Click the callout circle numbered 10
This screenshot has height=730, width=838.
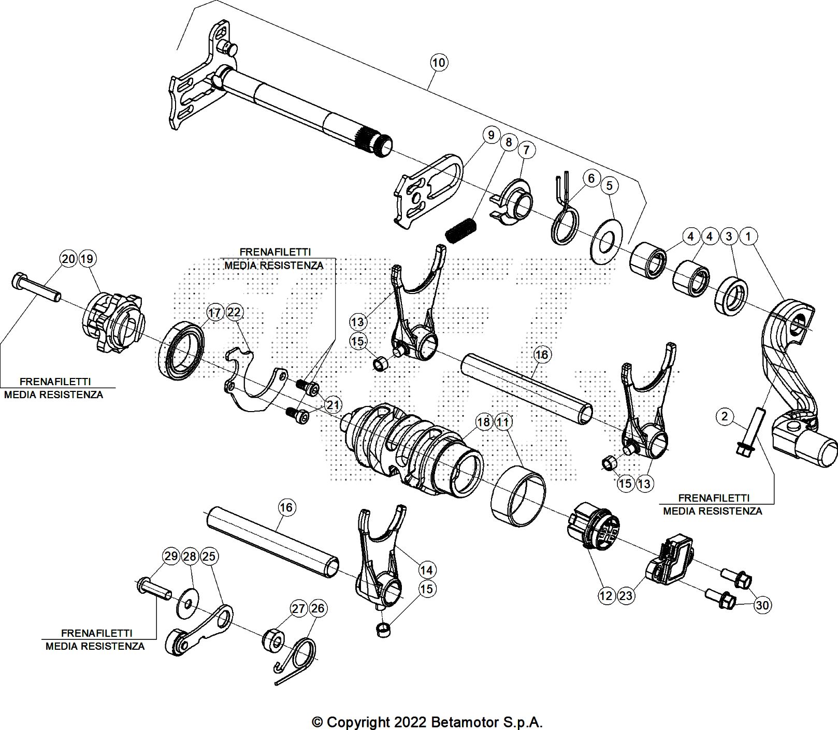438,63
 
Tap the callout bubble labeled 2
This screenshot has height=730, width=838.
725,416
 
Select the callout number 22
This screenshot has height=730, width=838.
234,312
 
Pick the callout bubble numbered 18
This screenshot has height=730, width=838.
483,422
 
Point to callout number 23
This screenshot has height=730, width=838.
626,595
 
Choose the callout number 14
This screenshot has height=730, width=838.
426,570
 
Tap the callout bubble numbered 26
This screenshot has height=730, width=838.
317,608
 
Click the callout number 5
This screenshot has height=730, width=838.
609,185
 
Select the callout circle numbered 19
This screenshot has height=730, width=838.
88,258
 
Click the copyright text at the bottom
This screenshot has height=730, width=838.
427,722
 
